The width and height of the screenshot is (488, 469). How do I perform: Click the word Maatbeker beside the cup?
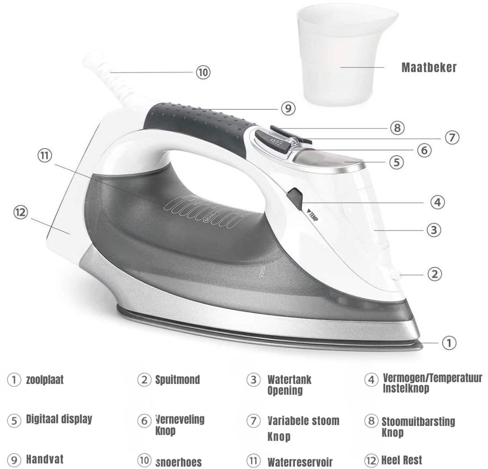pos(429,68)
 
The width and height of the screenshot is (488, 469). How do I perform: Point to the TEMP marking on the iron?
pos(312,216)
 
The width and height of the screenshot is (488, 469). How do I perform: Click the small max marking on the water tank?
pos(263,271)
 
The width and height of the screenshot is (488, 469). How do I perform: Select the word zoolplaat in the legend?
pos(45,380)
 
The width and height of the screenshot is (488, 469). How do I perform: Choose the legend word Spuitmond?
pos(178,380)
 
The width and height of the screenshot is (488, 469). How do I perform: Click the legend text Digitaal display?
pos(59,419)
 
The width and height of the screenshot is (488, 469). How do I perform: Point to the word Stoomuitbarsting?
pos(418,421)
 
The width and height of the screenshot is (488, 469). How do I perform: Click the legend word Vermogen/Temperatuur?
pos(432,378)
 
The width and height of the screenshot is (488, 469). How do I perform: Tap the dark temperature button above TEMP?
pos(295,198)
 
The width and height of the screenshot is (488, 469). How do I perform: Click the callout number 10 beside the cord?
pos(203,72)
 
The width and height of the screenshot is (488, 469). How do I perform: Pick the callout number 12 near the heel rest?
pos(21,213)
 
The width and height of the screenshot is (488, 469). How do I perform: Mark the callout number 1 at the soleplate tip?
pos(449,342)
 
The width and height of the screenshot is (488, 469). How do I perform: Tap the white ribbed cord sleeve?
pos(108,78)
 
